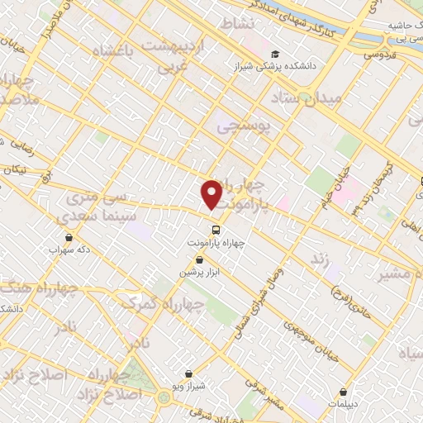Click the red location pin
point(213,194)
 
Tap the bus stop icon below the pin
point(216,230)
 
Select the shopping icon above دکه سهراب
point(68,237)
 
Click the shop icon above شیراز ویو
point(191,373)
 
